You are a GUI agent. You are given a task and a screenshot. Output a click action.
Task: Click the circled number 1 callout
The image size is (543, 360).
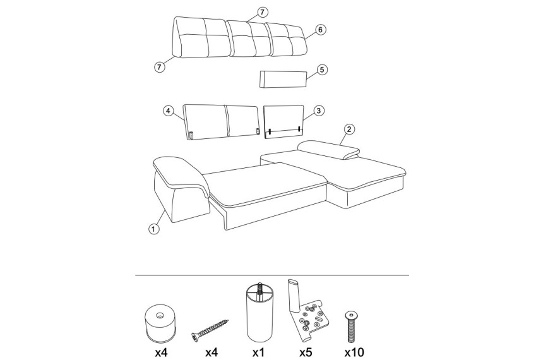(x=153, y=229)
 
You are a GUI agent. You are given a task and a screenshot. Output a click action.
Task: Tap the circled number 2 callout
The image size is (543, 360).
(x=349, y=129)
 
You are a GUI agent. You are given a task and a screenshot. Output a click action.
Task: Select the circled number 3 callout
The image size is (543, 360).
(x=319, y=111)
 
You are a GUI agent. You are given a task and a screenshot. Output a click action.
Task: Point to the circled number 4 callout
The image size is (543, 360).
(x=168, y=111)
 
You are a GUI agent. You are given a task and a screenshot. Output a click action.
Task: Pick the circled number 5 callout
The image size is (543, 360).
(x=322, y=69)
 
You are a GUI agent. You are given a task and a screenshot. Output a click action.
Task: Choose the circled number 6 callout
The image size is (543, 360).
(x=320, y=30)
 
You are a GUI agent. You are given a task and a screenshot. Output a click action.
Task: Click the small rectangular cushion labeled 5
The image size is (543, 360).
(x=283, y=79)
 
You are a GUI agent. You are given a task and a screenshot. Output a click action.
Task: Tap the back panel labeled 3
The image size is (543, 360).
(x=284, y=122)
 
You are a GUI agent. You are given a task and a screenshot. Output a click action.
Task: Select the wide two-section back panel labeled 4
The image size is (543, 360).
(x=221, y=122)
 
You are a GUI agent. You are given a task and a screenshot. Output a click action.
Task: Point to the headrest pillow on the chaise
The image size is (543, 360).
(x=329, y=149)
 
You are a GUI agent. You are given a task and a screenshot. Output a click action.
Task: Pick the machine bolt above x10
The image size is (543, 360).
(x=352, y=327)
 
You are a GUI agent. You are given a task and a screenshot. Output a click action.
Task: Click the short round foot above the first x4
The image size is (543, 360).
(x=160, y=322)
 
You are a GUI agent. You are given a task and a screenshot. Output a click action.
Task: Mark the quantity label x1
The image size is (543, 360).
(x=259, y=352)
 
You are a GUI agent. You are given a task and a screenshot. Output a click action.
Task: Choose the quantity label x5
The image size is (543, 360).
(x=306, y=352)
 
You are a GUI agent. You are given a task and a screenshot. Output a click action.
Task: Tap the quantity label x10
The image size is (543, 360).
(x=354, y=352)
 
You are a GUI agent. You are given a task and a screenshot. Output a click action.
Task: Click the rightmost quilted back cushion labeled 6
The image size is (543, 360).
(x=287, y=39)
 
